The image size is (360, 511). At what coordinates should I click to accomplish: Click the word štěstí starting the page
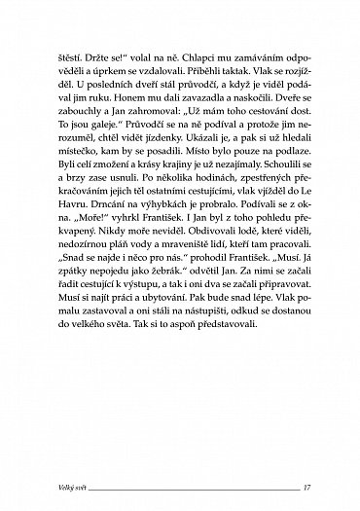(72, 55)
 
